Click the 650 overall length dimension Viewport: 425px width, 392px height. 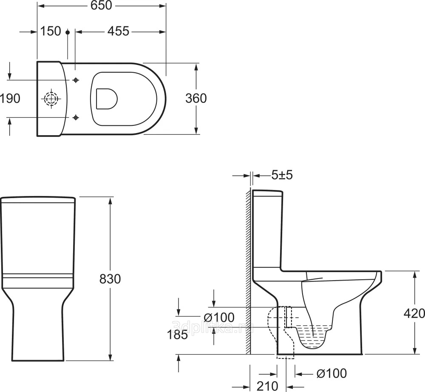click(x=102, y=6)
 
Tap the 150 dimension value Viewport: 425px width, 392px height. click(x=51, y=31)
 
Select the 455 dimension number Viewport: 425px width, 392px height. click(x=119, y=31)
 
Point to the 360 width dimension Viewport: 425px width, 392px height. click(x=196, y=98)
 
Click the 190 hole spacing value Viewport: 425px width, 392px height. click(x=10, y=98)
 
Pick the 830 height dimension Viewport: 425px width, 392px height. click(x=110, y=279)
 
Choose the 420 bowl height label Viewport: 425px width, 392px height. click(x=414, y=314)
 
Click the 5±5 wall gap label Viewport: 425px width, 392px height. click(x=282, y=176)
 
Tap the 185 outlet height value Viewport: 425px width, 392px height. click(x=177, y=335)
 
